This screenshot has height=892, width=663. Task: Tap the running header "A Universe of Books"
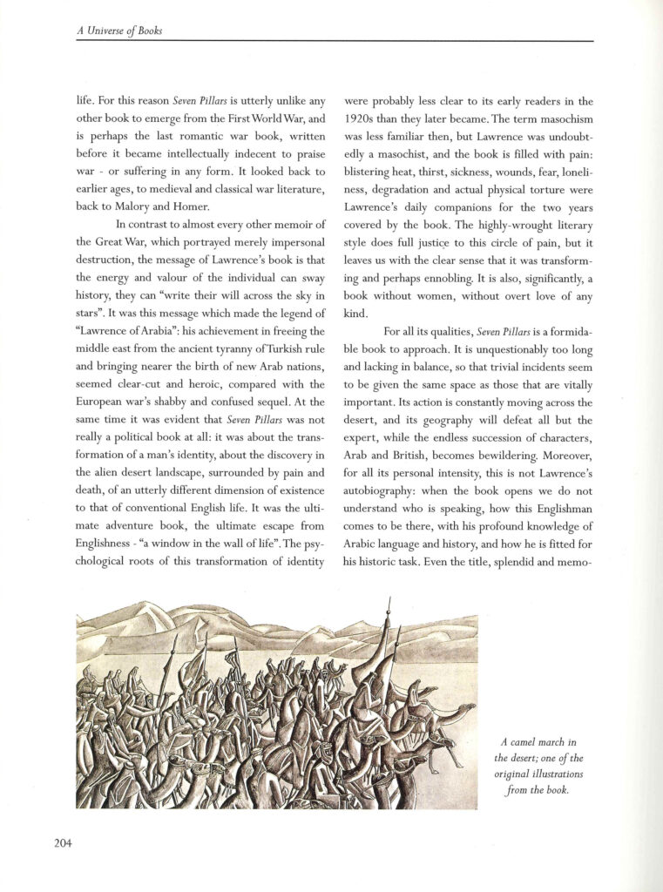tap(119, 31)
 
